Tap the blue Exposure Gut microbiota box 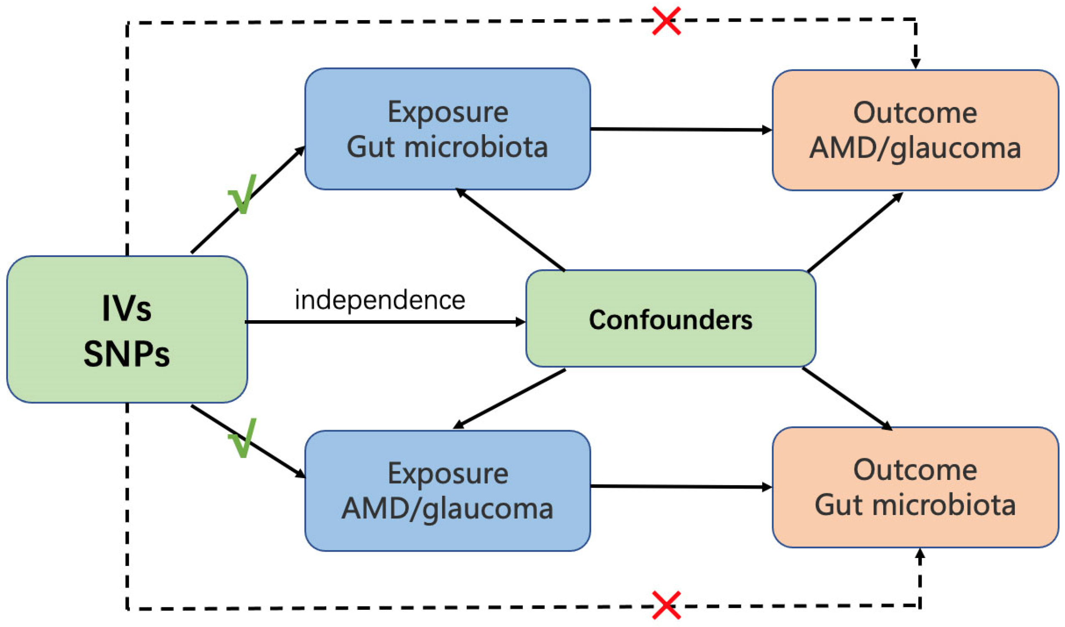pyautogui.click(x=447, y=129)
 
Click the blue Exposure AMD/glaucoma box pyautogui.click(x=447, y=490)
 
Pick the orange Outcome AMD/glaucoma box pyautogui.click(x=915, y=130)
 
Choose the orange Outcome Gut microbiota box pyautogui.click(x=915, y=487)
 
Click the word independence pyautogui.click(x=380, y=300)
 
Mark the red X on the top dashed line pyautogui.click(x=666, y=20)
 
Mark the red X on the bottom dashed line pyautogui.click(x=666, y=604)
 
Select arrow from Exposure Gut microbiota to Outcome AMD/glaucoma pyautogui.click(x=681, y=130)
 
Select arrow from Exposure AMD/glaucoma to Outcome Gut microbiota pyautogui.click(x=681, y=487)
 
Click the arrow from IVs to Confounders pyautogui.click(x=384, y=322)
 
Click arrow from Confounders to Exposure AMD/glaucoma pyautogui.click(x=509, y=398)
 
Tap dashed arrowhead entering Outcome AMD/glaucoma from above pyautogui.click(x=915, y=64)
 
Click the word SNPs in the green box pyautogui.click(x=127, y=354)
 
